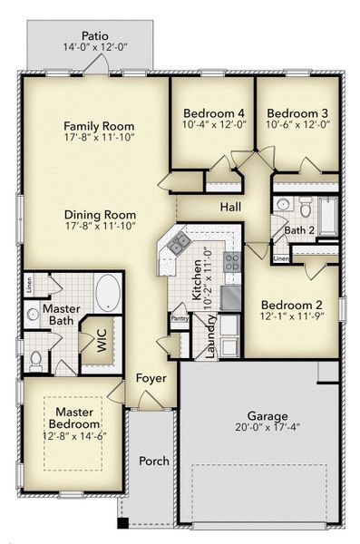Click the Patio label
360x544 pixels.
point(95,35)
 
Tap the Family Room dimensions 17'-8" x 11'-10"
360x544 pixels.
point(99,137)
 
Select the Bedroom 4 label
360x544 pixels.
point(214,113)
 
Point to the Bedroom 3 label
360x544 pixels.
point(297,113)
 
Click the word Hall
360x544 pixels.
point(230,207)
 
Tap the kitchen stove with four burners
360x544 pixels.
point(232,261)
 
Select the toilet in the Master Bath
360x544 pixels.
point(35,361)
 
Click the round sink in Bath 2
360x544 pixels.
point(283,204)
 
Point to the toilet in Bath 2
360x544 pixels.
point(306,208)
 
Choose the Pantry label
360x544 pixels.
point(180,318)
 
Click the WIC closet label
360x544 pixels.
point(102,340)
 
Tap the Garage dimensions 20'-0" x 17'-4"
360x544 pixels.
point(268,427)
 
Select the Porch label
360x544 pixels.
point(154,461)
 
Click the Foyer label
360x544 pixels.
point(151,378)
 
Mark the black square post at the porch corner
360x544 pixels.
point(123,523)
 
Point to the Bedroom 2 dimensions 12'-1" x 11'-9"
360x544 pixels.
point(292,316)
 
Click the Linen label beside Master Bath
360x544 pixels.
point(29,285)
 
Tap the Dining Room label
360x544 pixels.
point(100,215)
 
